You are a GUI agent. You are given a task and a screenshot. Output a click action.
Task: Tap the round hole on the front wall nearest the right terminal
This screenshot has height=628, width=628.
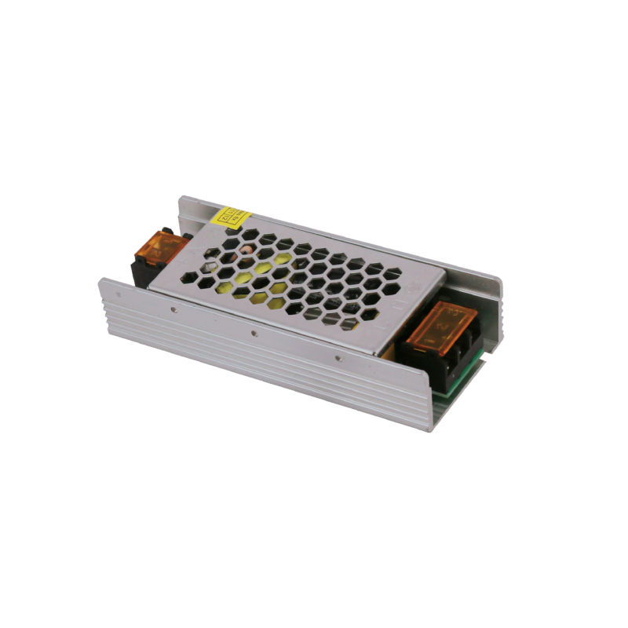click(338, 360)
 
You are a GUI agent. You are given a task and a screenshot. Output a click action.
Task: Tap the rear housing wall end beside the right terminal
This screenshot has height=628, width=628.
click(491, 314)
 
